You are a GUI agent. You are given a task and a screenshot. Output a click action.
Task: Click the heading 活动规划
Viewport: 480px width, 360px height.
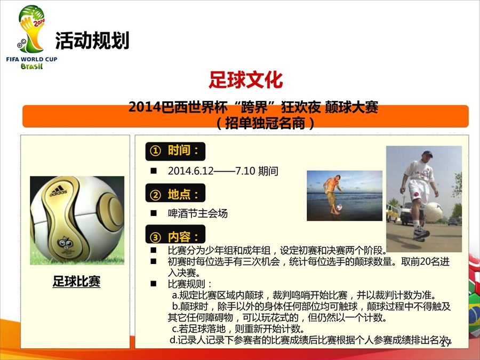pos(92,41)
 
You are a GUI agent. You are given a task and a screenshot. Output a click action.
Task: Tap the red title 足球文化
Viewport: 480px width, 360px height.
pos(245,79)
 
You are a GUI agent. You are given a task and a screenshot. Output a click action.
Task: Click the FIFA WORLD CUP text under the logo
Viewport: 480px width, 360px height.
pos(31,59)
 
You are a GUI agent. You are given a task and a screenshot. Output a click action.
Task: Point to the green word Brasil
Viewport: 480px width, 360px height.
pos(32,66)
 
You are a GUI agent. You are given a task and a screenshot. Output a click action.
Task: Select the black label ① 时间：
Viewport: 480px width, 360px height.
pos(175,151)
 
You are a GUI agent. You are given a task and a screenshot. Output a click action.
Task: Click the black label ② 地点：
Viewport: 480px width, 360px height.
pos(175,193)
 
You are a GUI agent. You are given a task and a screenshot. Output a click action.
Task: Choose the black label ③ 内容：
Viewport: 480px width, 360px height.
pos(175,235)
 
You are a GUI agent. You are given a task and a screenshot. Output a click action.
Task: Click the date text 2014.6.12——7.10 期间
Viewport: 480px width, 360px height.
pos(223,171)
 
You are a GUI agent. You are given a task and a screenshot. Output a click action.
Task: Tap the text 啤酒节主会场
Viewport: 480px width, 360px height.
pos(197,213)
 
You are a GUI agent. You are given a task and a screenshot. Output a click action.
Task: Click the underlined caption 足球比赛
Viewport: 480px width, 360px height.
pos(76,281)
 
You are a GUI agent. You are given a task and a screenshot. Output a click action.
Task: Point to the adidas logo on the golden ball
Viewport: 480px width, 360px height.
pos(58,191)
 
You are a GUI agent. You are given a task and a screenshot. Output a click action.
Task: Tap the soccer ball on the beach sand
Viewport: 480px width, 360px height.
pos(339,207)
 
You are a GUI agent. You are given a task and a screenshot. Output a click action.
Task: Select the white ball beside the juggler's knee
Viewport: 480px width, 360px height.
pos(434,212)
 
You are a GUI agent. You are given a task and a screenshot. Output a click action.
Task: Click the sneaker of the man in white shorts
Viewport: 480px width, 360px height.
pos(421,233)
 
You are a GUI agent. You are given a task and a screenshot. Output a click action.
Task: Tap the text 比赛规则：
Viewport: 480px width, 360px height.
pos(189,284)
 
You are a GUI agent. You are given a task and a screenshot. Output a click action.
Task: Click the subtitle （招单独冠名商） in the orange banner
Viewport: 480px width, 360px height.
pos(265,123)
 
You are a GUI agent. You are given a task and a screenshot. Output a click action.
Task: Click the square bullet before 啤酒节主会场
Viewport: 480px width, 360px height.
pos(154,213)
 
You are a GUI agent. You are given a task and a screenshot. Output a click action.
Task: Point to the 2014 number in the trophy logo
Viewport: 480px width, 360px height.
pos(39,22)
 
